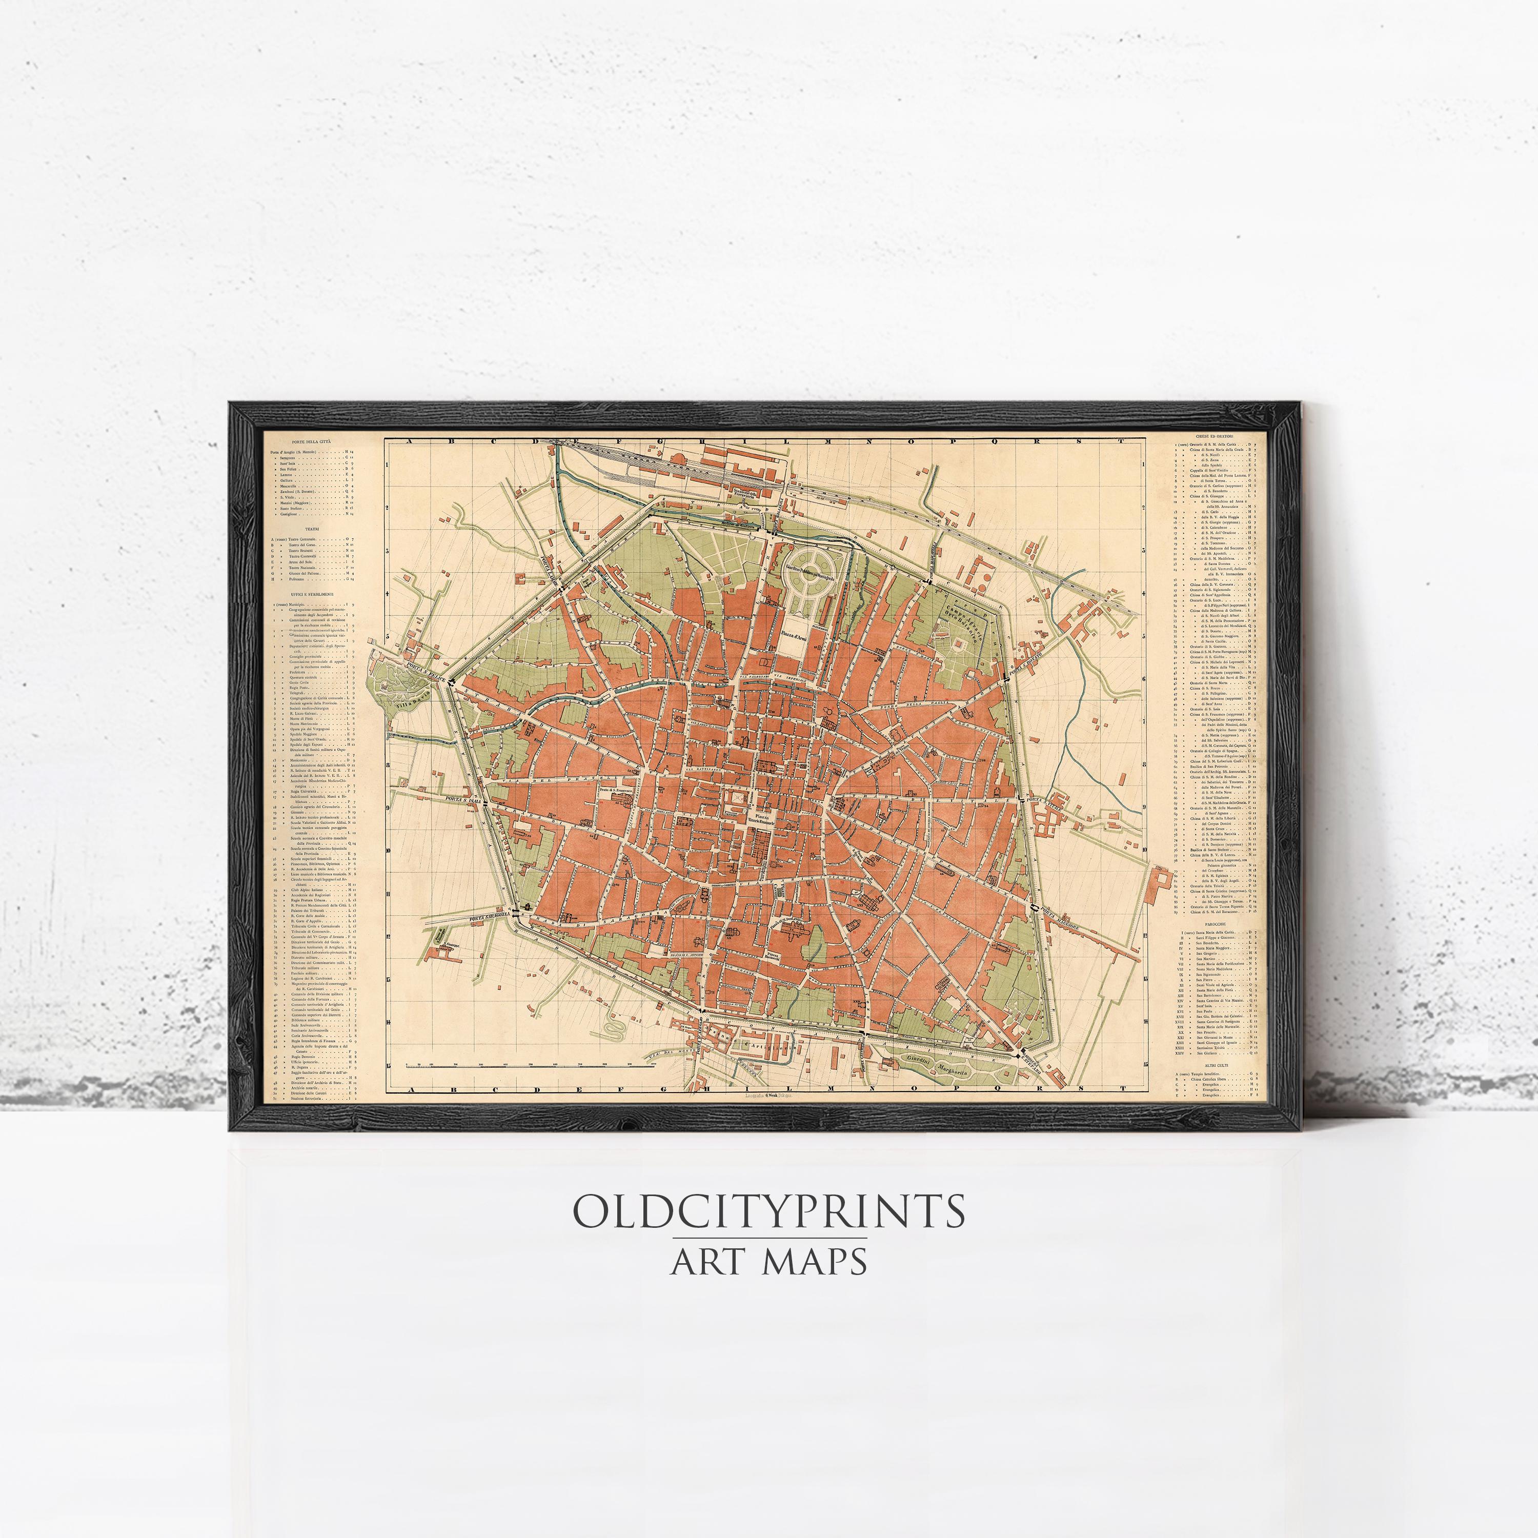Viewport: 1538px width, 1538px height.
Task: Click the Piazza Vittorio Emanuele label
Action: (762, 820)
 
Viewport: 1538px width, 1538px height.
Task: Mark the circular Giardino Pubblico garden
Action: (810, 569)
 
